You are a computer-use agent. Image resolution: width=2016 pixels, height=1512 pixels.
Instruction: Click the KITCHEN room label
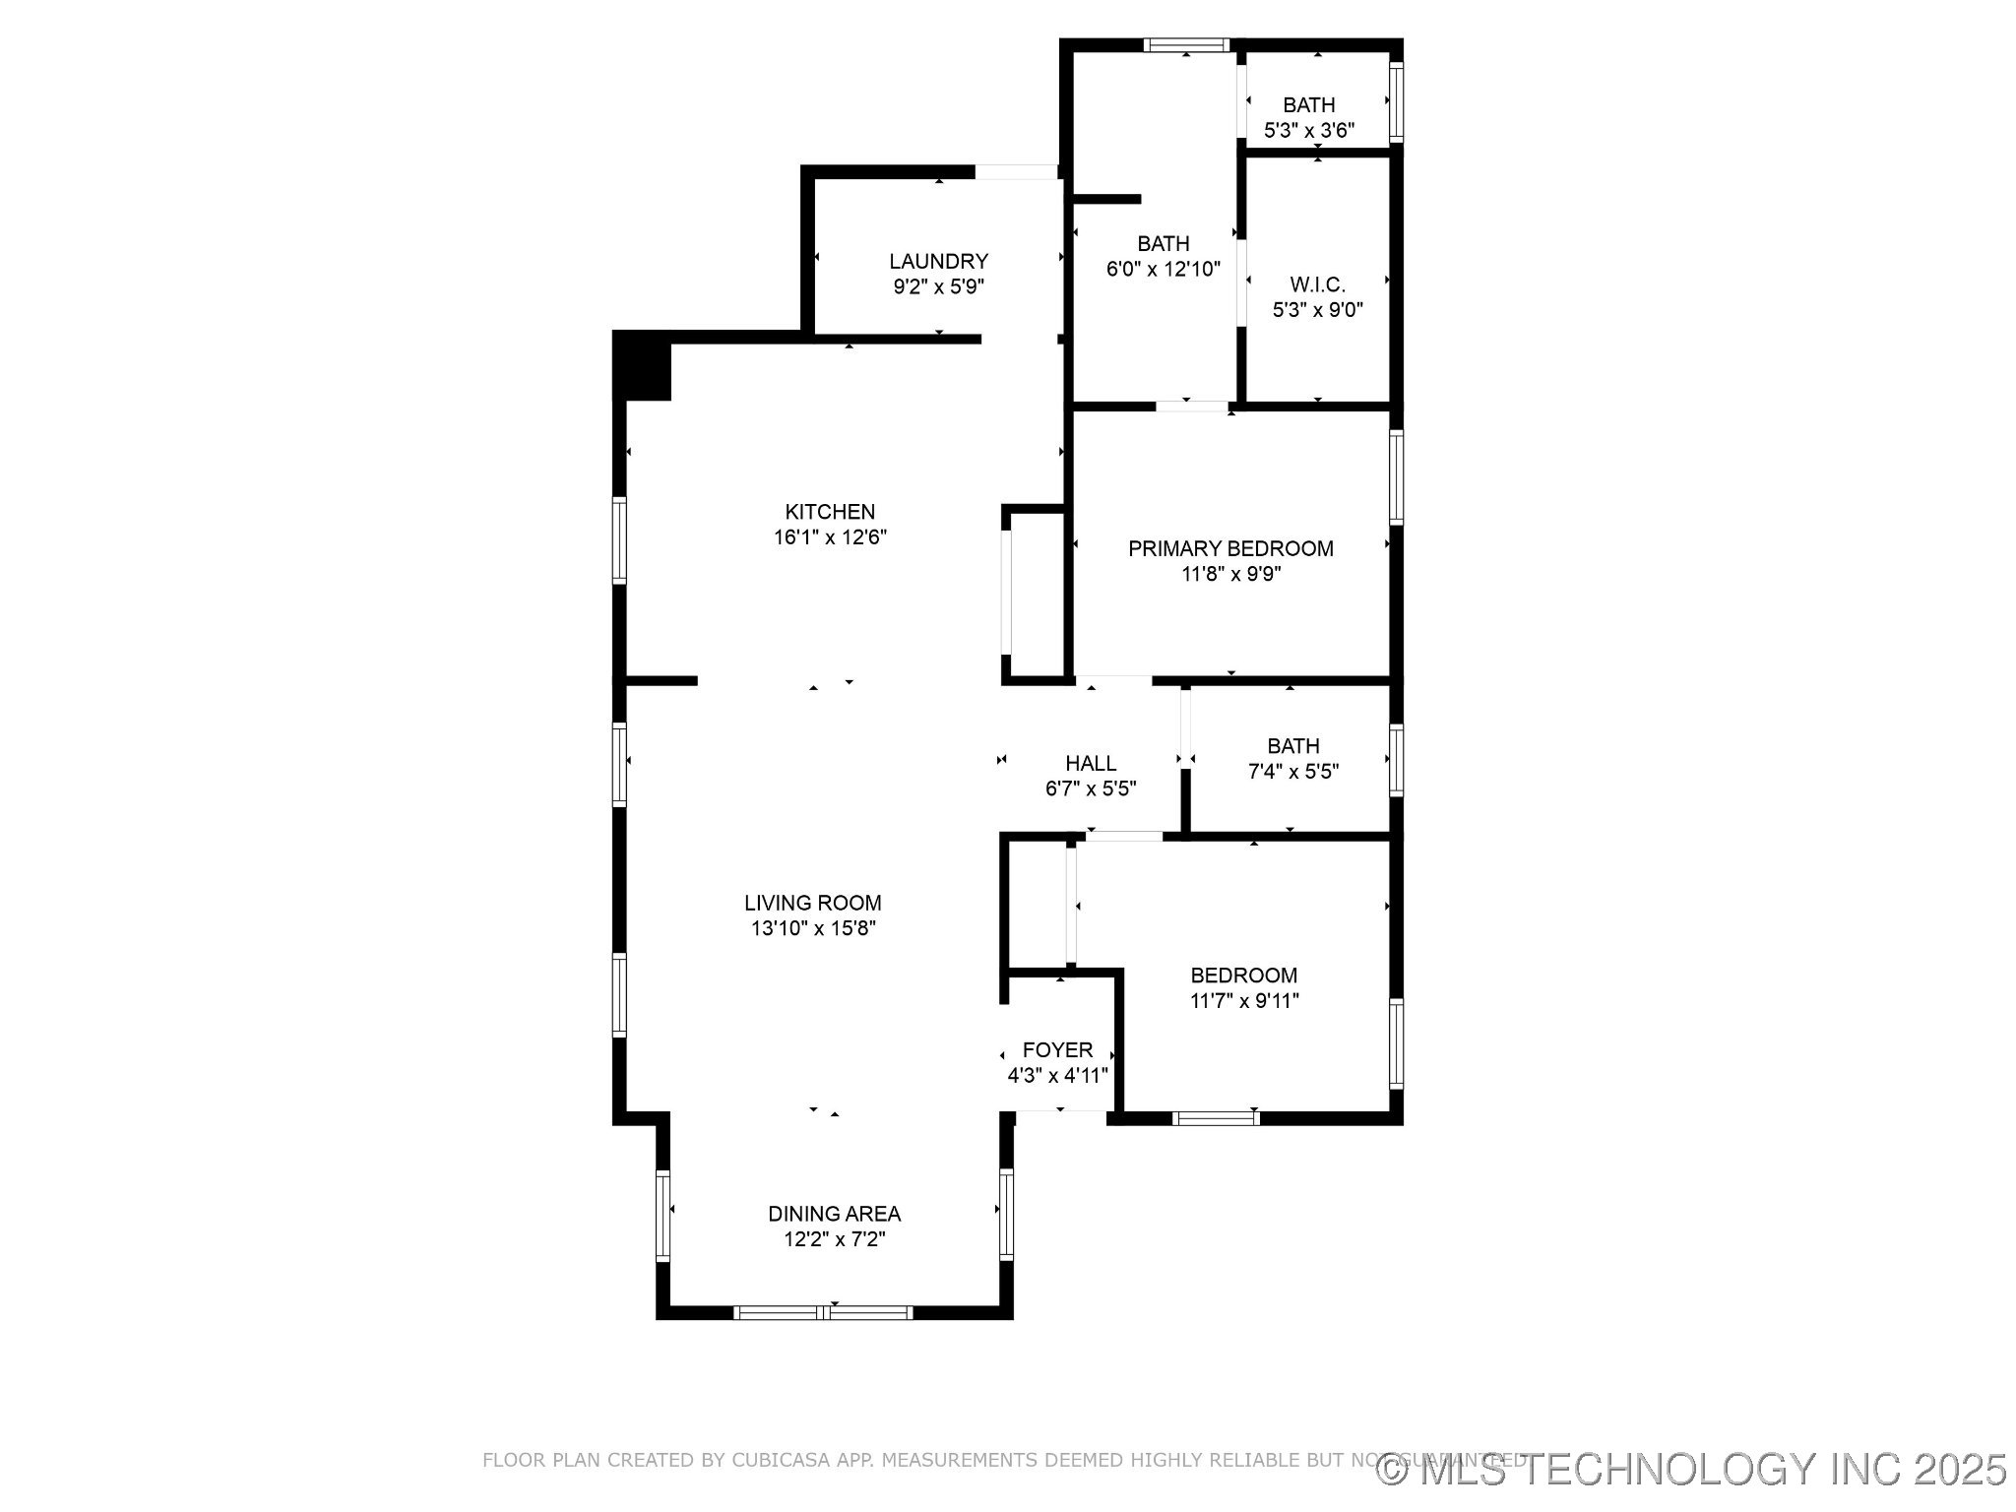[830, 512]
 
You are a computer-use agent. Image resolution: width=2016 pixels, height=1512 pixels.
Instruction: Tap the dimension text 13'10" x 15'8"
[813, 928]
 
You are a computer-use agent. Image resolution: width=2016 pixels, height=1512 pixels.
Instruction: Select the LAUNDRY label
[938, 261]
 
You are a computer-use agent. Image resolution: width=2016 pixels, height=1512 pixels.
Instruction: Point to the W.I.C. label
[1317, 284]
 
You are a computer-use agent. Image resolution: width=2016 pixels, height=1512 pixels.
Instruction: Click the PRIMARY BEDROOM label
[1230, 548]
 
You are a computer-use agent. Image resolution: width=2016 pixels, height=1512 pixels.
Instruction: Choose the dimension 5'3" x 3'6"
[1309, 130]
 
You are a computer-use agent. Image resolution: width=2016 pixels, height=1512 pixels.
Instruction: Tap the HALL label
[1091, 763]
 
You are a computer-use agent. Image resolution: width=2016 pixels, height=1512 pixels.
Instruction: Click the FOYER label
[1057, 1049]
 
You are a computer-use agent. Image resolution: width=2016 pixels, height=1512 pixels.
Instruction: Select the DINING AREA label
[834, 1214]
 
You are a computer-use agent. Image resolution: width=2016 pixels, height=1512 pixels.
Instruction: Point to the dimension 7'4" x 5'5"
[1293, 772]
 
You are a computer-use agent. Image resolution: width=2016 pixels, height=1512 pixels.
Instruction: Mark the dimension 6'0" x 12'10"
[1164, 269]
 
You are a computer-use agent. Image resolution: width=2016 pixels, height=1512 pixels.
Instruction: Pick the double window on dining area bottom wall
[824, 1311]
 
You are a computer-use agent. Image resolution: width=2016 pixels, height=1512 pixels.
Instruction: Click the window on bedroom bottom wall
[1216, 1117]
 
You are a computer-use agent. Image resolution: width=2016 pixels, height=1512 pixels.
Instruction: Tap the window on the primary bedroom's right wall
[1396, 476]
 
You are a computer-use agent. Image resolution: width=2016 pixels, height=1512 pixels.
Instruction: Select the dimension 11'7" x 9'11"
[1244, 1001]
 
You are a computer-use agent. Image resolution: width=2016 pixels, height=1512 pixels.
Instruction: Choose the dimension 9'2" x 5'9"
[938, 286]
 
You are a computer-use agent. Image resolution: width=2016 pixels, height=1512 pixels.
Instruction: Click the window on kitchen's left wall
[619, 540]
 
